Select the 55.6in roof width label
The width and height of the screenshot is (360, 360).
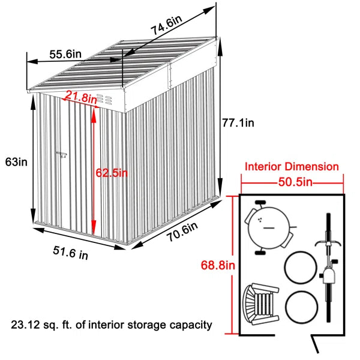[65, 54]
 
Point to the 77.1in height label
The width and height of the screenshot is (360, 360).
[238, 123]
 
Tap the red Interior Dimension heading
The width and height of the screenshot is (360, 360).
[292, 167]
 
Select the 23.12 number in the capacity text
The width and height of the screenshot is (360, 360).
[26, 325]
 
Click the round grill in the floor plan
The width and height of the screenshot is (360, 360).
[268, 227]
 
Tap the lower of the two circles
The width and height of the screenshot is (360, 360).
[301, 308]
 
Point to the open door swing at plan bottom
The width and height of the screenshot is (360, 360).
[316, 346]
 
